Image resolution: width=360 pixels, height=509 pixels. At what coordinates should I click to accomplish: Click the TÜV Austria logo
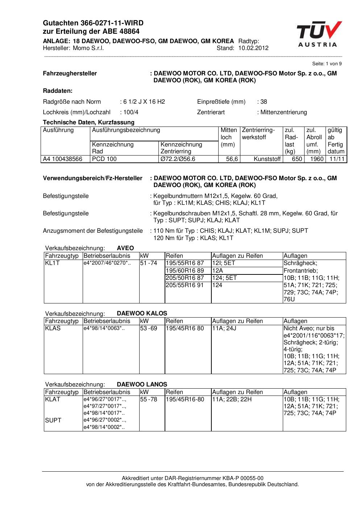click(x=318, y=34)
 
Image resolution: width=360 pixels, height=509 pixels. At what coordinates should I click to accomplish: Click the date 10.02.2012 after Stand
click(x=253, y=48)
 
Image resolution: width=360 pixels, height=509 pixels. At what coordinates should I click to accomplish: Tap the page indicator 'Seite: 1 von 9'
click(x=327, y=64)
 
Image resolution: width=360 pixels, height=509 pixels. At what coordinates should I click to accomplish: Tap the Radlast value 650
click(x=297, y=159)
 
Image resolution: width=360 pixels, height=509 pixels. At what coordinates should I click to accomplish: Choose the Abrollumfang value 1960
click(x=317, y=159)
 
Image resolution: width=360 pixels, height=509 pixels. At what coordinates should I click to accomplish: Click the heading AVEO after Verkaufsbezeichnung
click(x=125, y=248)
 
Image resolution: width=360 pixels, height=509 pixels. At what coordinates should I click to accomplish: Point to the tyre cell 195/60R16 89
click(x=185, y=270)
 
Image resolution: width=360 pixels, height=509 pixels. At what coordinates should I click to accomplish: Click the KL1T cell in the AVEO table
click(x=52, y=263)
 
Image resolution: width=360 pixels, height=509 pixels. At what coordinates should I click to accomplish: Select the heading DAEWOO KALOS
click(x=142, y=313)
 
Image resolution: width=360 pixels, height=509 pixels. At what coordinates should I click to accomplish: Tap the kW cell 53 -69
click(x=149, y=328)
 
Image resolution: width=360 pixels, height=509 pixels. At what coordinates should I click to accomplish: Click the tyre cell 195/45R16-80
click(x=185, y=400)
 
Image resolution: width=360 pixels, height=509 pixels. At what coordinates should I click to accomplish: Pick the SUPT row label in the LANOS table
click(x=53, y=420)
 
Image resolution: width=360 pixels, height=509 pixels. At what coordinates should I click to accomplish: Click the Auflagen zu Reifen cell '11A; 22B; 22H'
click(x=232, y=400)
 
